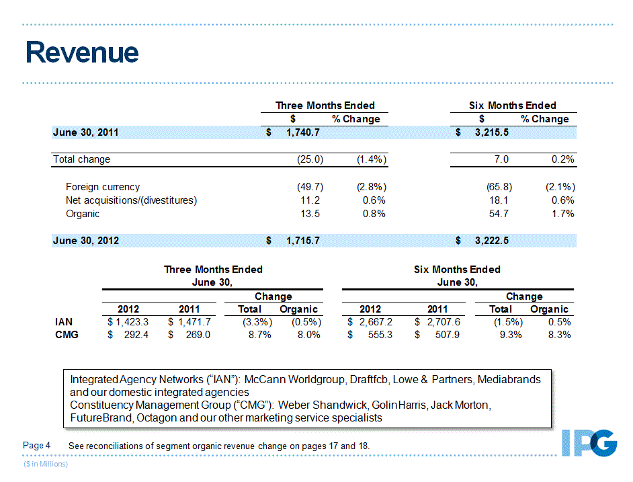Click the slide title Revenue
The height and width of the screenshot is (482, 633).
[82, 53]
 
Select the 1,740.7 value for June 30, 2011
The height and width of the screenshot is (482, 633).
[302, 132]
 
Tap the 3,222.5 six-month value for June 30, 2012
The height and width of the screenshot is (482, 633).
[491, 240]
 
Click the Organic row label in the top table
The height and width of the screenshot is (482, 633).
[83, 214]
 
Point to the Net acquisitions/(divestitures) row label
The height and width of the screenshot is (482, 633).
[131, 200]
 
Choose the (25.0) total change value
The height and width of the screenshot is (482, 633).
[310, 159]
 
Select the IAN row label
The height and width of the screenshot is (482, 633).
[63, 322]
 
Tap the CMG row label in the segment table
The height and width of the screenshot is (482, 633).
[66, 335]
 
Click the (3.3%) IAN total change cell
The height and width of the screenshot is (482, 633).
[256, 322]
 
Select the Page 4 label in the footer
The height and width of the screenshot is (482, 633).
[37, 446]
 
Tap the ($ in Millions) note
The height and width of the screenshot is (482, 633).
[46, 464]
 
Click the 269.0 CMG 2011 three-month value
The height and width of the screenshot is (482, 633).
[197, 335]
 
